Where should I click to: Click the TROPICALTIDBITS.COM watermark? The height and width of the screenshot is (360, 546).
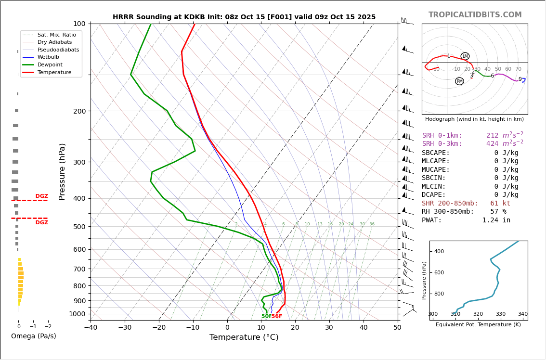475,15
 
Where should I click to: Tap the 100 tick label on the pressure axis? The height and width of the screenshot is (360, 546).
79,24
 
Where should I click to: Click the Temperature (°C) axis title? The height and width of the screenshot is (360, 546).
244,337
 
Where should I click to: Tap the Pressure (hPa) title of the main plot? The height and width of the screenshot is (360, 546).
62,171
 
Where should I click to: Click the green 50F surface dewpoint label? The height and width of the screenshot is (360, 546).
266,316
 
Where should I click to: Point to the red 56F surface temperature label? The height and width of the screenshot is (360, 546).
277,316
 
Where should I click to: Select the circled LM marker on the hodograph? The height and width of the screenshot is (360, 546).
465,56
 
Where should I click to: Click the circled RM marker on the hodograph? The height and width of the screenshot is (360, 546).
459,81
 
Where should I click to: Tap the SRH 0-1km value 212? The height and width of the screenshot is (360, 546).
492,136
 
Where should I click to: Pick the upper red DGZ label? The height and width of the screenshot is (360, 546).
42,196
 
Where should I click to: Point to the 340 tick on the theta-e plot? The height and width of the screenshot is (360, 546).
522,314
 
